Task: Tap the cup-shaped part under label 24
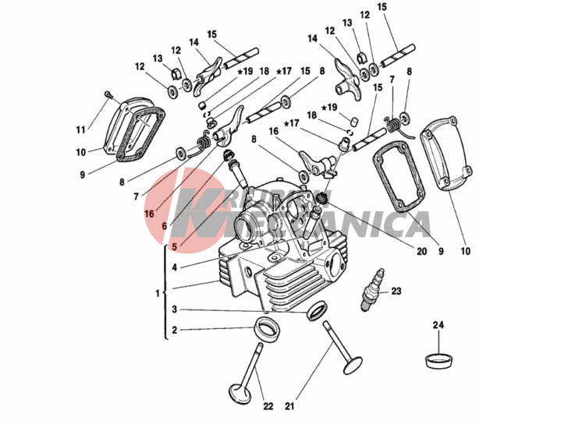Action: [x=439, y=360]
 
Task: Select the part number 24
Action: [x=438, y=324]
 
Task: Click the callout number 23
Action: [x=396, y=292]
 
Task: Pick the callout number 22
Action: [x=268, y=406]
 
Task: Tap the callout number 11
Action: [x=80, y=129]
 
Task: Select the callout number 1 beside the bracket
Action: [x=157, y=294]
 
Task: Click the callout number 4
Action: [x=175, y=267]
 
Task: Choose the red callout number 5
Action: [x=175, y=247]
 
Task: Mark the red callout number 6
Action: [x=164, y=225]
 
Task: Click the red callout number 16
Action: [x=148, y=211]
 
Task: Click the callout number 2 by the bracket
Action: [x=175, y=330]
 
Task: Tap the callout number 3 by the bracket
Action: [x=175, y=310]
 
